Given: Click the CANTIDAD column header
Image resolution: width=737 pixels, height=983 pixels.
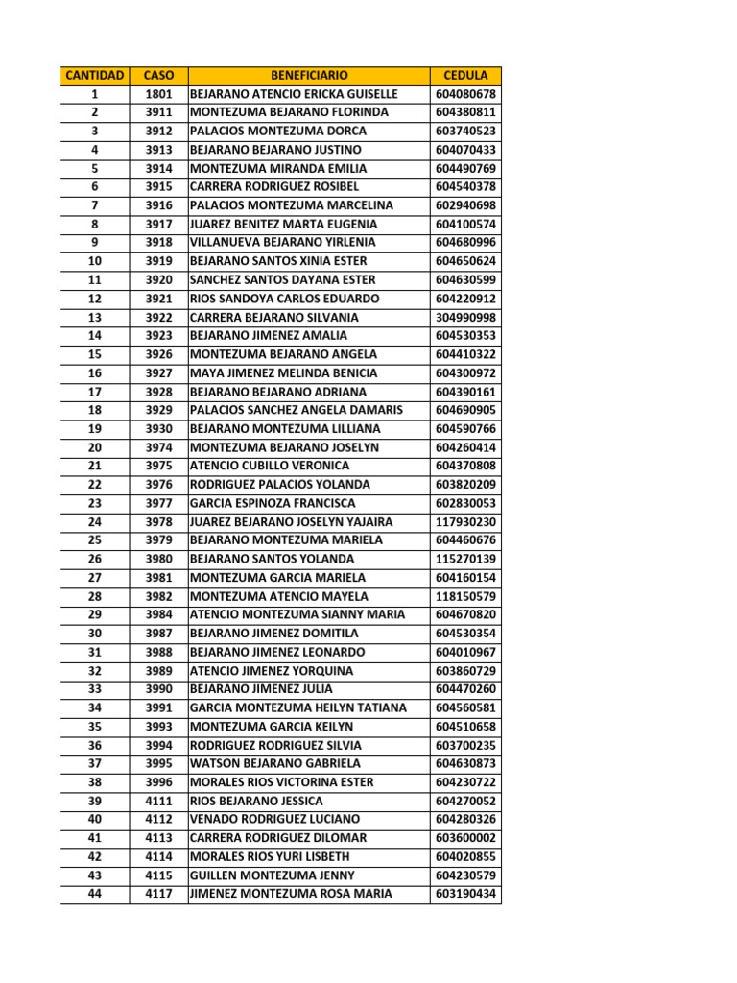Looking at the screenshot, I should pyautogui.click(x=94, y=75).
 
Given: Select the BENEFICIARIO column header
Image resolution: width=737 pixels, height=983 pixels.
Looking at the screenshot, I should pyautogui.click(x=309, y=75).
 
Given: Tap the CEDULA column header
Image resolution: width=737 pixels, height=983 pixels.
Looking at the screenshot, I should pyautogui.click(x=465, y=75).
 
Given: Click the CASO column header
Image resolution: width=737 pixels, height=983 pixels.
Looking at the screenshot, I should pyautogui.click(x=158, y=75).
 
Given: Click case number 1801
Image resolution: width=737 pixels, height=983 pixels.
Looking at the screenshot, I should pyautogui.click(x=158, y=94).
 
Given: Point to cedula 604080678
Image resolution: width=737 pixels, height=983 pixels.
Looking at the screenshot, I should pyautogui.click(x=465, y=94).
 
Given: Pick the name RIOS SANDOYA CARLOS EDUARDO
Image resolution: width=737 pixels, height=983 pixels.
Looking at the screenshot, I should pyautogui.click(x=284, y=299).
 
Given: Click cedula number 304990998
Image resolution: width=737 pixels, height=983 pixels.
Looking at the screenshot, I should pyautogui.click(x=465, y=317).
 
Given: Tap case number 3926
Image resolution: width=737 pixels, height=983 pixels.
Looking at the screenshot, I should pyautogui.click(x=158, y=354).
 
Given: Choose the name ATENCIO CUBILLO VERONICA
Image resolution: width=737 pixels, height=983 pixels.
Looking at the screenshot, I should pyautogui.click(x=270, y=466).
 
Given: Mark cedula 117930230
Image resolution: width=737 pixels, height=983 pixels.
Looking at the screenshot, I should pyautogui.click(x=465, y=521).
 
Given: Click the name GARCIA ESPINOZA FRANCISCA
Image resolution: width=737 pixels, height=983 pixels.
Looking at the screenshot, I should pyautogui.click(x=273, y=503).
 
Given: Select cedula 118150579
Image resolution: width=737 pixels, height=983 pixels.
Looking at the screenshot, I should pyautogui.click(x=465, y=596).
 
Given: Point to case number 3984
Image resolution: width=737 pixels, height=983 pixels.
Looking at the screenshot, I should pyautogui.click(x=158, y=614).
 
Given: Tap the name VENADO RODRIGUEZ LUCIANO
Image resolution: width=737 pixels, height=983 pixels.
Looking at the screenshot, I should pyautogui.click(x=275, y=819).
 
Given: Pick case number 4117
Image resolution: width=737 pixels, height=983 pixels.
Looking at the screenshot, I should pyautogui.click(x=158, y=894).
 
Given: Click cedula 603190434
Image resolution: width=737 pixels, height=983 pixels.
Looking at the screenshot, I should pyautogui.click(x=465, y=894).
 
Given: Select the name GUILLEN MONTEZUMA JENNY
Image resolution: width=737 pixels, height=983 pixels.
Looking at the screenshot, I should pyautogui.click(x=273, y=875).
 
